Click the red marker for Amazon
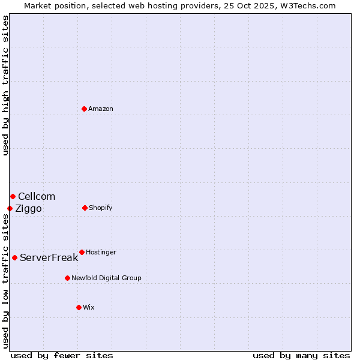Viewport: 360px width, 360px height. coord(85,109)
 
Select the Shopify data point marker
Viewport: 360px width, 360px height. coord(85,208)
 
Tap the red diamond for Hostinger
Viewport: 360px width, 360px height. coord(82,252)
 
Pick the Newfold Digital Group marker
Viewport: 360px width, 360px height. coord(68,278)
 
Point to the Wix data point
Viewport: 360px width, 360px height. coord(79,307)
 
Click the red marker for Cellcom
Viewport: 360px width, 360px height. coord(13,196)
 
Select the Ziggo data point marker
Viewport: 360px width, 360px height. coord(10,208)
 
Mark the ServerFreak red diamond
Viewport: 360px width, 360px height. coord(14,257)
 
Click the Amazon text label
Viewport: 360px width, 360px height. coord(101,109)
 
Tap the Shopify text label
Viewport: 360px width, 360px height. coord(101,208)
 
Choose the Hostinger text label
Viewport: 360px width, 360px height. coord(101,252)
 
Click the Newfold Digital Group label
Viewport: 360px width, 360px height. coord(107,278)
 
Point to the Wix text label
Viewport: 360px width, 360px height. coord(89,307)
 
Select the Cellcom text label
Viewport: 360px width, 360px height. coord(37,196)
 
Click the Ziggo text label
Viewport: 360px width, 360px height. coord(28,208)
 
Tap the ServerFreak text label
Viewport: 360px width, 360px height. coord(49,257)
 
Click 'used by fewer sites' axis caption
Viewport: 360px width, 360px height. coord(62,355)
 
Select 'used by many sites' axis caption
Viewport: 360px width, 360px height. coord(301,355)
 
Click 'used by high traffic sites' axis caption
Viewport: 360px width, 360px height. coord(5,85)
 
